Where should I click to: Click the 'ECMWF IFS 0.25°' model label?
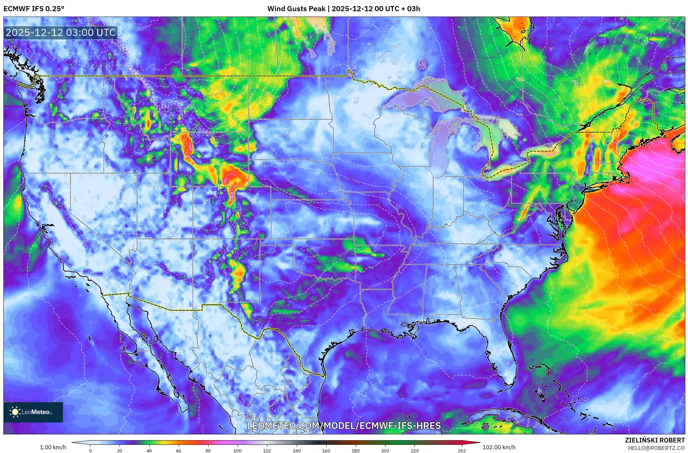[x=34, y=9]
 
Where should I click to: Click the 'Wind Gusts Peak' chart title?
[x=296, y=9]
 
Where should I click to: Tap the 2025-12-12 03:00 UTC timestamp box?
[x=61, y=33]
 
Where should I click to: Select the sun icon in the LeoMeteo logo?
[x=15, y=412]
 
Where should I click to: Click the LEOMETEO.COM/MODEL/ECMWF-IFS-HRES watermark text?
[x=344, y=426]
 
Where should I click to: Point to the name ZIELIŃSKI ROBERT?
[x=654, y=440]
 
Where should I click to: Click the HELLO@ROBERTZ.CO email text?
[x=656, y=448]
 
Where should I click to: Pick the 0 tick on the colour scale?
[x=90, y=451]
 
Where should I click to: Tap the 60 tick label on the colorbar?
[x=179, y=451]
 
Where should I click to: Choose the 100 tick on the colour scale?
[x=238, y=451]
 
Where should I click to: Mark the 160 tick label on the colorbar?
[x=326, y=451]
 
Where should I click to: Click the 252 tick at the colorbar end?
[x=462, y=451]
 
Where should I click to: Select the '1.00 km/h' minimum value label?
[x=53, y=447]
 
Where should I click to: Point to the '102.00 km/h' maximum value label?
[x=499, y=447]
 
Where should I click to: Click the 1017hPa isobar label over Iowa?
[x=352, y=180]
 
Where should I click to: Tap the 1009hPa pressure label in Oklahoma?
[x=316, y=248]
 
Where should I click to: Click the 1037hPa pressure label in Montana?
[x=191, y=81]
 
